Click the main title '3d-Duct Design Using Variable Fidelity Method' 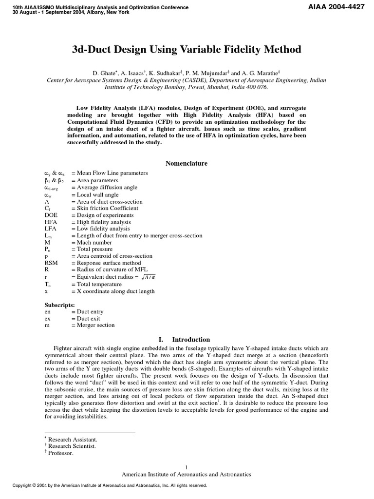click(187, 50)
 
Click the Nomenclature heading click(187, 163)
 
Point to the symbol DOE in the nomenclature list click(51, 215)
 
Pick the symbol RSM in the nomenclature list click(51, 263)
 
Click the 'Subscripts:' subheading click(59, 305)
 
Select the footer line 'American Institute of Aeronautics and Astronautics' click(187, 474)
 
